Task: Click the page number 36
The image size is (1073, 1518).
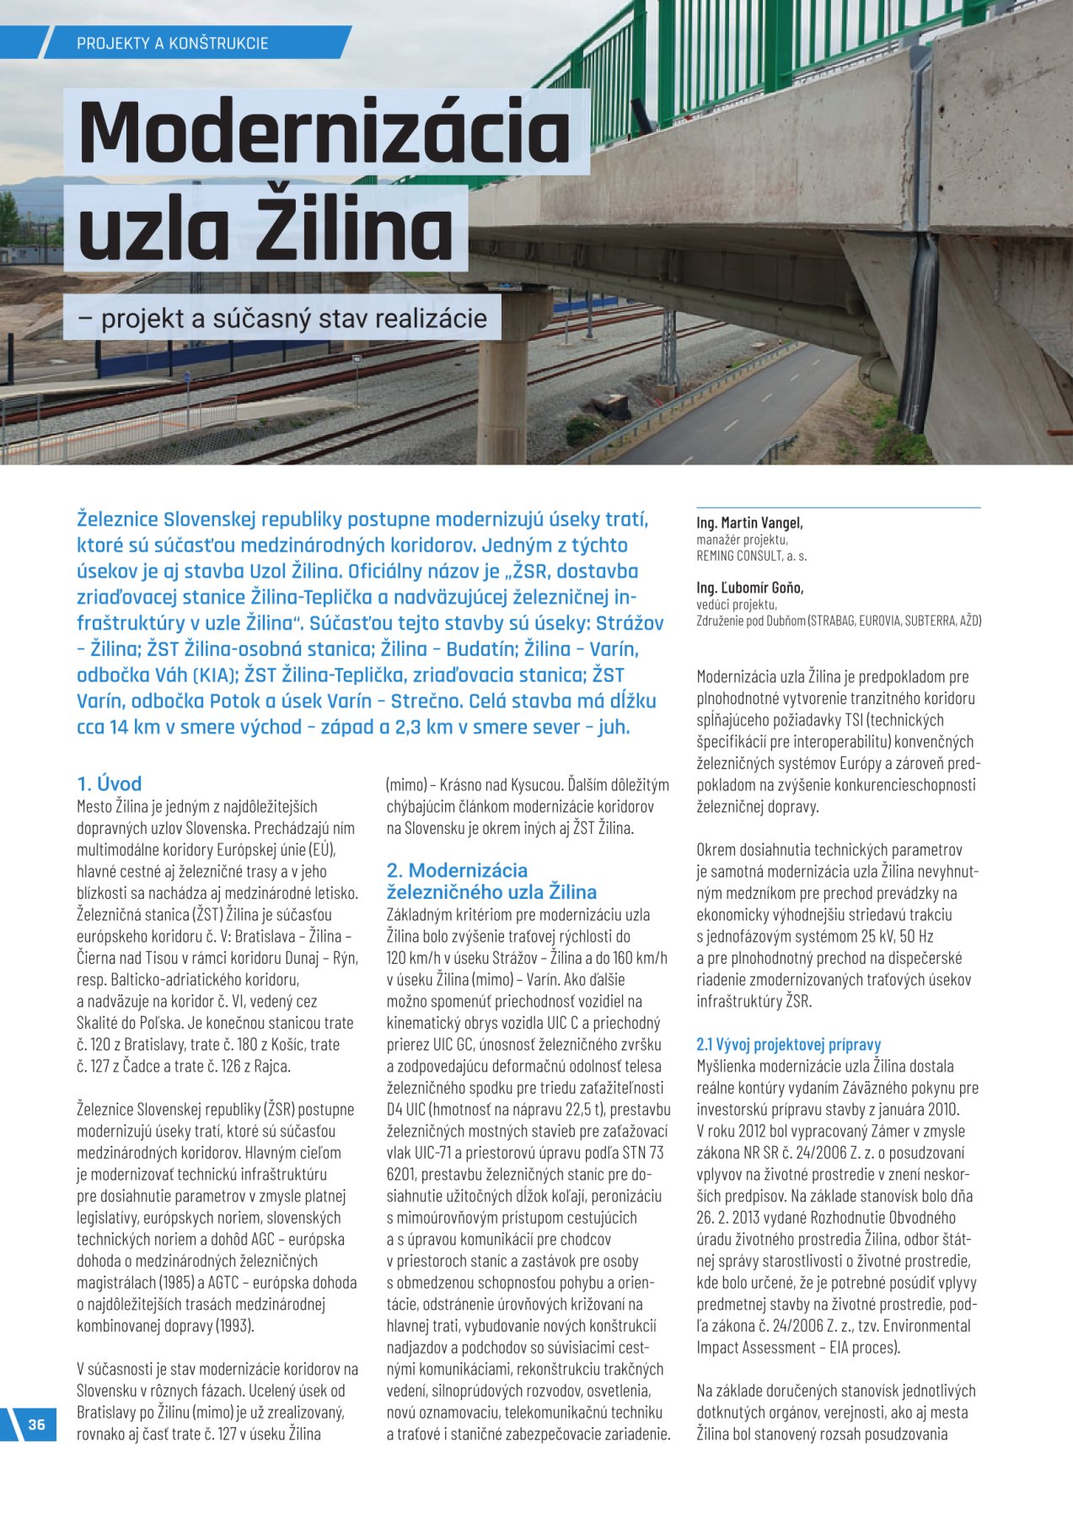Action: pos(36,1424)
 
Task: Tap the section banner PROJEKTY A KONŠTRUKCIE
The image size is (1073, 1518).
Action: pos(173,43)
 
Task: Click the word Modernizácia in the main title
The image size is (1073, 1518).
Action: pos(325,132)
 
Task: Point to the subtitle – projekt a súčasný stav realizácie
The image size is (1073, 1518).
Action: pos(282,319)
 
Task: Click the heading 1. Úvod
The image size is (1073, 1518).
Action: pos(110,783)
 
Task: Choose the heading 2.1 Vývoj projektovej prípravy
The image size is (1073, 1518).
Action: pos(788,1044)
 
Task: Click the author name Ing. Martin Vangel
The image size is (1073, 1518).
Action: pos(749,523)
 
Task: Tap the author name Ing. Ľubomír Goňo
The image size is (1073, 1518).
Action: pos(749,588)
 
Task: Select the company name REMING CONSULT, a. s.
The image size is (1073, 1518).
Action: pos(751,556)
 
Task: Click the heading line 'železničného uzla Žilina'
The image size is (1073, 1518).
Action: pos(491,892)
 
